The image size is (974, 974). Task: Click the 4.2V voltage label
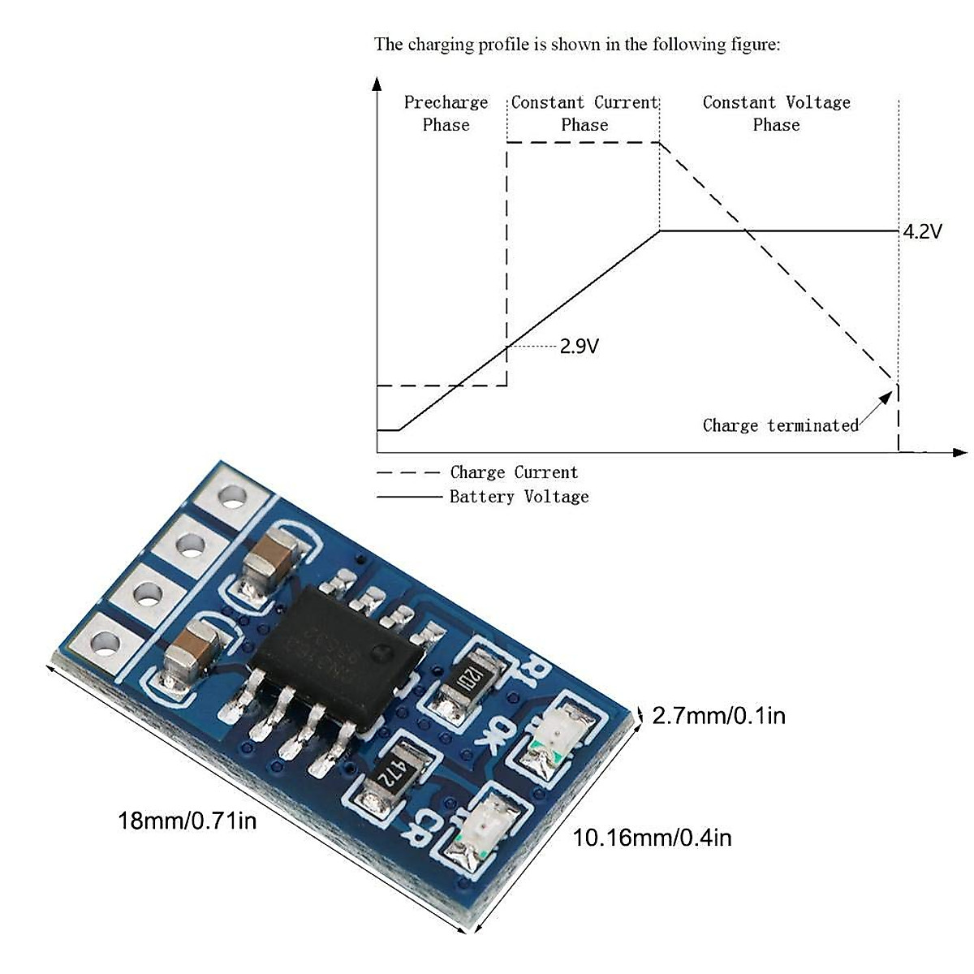(x=923, y=232)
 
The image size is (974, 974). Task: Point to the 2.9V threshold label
(x=580, y=347)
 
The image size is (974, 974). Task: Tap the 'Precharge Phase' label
(x=446, y=114)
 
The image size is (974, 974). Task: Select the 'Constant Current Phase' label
(x=584, y=114)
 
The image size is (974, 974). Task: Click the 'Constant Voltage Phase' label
(x=776, y=114)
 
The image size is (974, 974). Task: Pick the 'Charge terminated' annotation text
(x=780, y=425)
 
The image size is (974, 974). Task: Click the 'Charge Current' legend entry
(x=514, y=472)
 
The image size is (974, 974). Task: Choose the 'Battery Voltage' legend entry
(x=519, y=497)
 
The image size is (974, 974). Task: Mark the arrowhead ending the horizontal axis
(x=960, y=452)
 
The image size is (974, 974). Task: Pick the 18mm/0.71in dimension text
(x=187, y=821)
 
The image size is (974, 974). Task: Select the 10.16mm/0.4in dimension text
(x=652, y=838)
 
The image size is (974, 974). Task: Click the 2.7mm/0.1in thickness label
(x=718, y=716)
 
